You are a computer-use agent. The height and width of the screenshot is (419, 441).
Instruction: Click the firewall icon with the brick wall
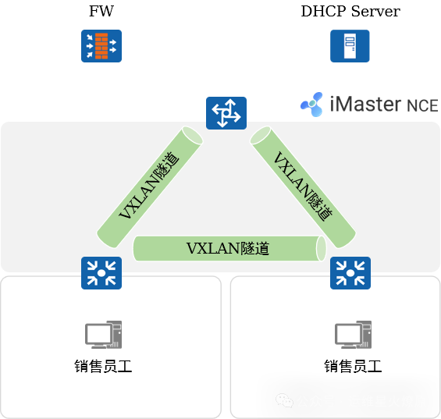(101, 45)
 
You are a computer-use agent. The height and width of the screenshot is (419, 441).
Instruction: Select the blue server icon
(349, 45)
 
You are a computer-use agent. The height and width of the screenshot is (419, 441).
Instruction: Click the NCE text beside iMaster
(422, 105)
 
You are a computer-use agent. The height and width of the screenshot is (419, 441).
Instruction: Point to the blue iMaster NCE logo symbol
(312, 104)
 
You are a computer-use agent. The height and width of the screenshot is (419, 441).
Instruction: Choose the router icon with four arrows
(226, 113)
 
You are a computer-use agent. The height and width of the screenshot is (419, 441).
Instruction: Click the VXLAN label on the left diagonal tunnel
(148, 185)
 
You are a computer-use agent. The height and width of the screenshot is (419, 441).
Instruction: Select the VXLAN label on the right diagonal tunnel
(303, 185)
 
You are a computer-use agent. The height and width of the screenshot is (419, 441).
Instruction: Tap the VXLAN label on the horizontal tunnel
(228, 248)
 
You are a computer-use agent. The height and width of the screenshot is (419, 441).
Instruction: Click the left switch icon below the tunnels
(101, 272)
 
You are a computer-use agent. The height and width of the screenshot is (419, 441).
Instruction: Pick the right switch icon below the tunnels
(350, 272)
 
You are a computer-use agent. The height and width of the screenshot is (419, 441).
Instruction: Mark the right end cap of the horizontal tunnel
(321, 247)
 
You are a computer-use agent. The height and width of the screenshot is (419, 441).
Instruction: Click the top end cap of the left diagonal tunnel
(191, 134)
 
